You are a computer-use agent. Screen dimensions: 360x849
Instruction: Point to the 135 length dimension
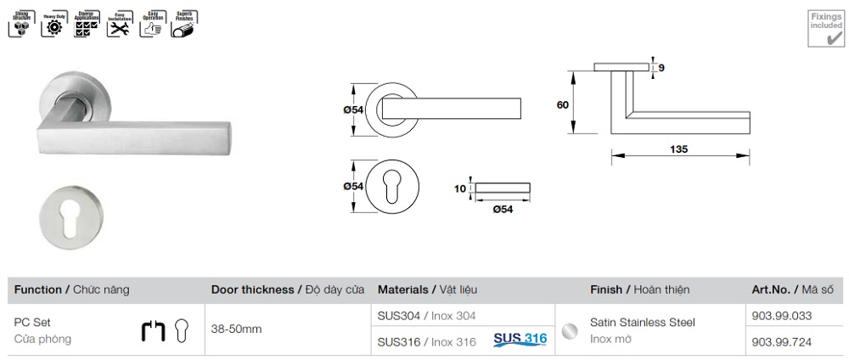(678, 149)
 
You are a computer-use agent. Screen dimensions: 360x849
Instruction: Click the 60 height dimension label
(562, 105)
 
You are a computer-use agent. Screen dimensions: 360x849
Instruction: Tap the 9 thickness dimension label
(661, 67)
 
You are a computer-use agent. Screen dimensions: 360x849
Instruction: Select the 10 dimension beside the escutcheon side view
(461, 188)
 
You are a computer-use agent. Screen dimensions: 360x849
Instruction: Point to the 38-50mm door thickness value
(236, 328)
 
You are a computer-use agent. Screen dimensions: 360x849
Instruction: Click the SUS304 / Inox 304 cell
(426, 315)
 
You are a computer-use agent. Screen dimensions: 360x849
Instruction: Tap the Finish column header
(639, 290)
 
